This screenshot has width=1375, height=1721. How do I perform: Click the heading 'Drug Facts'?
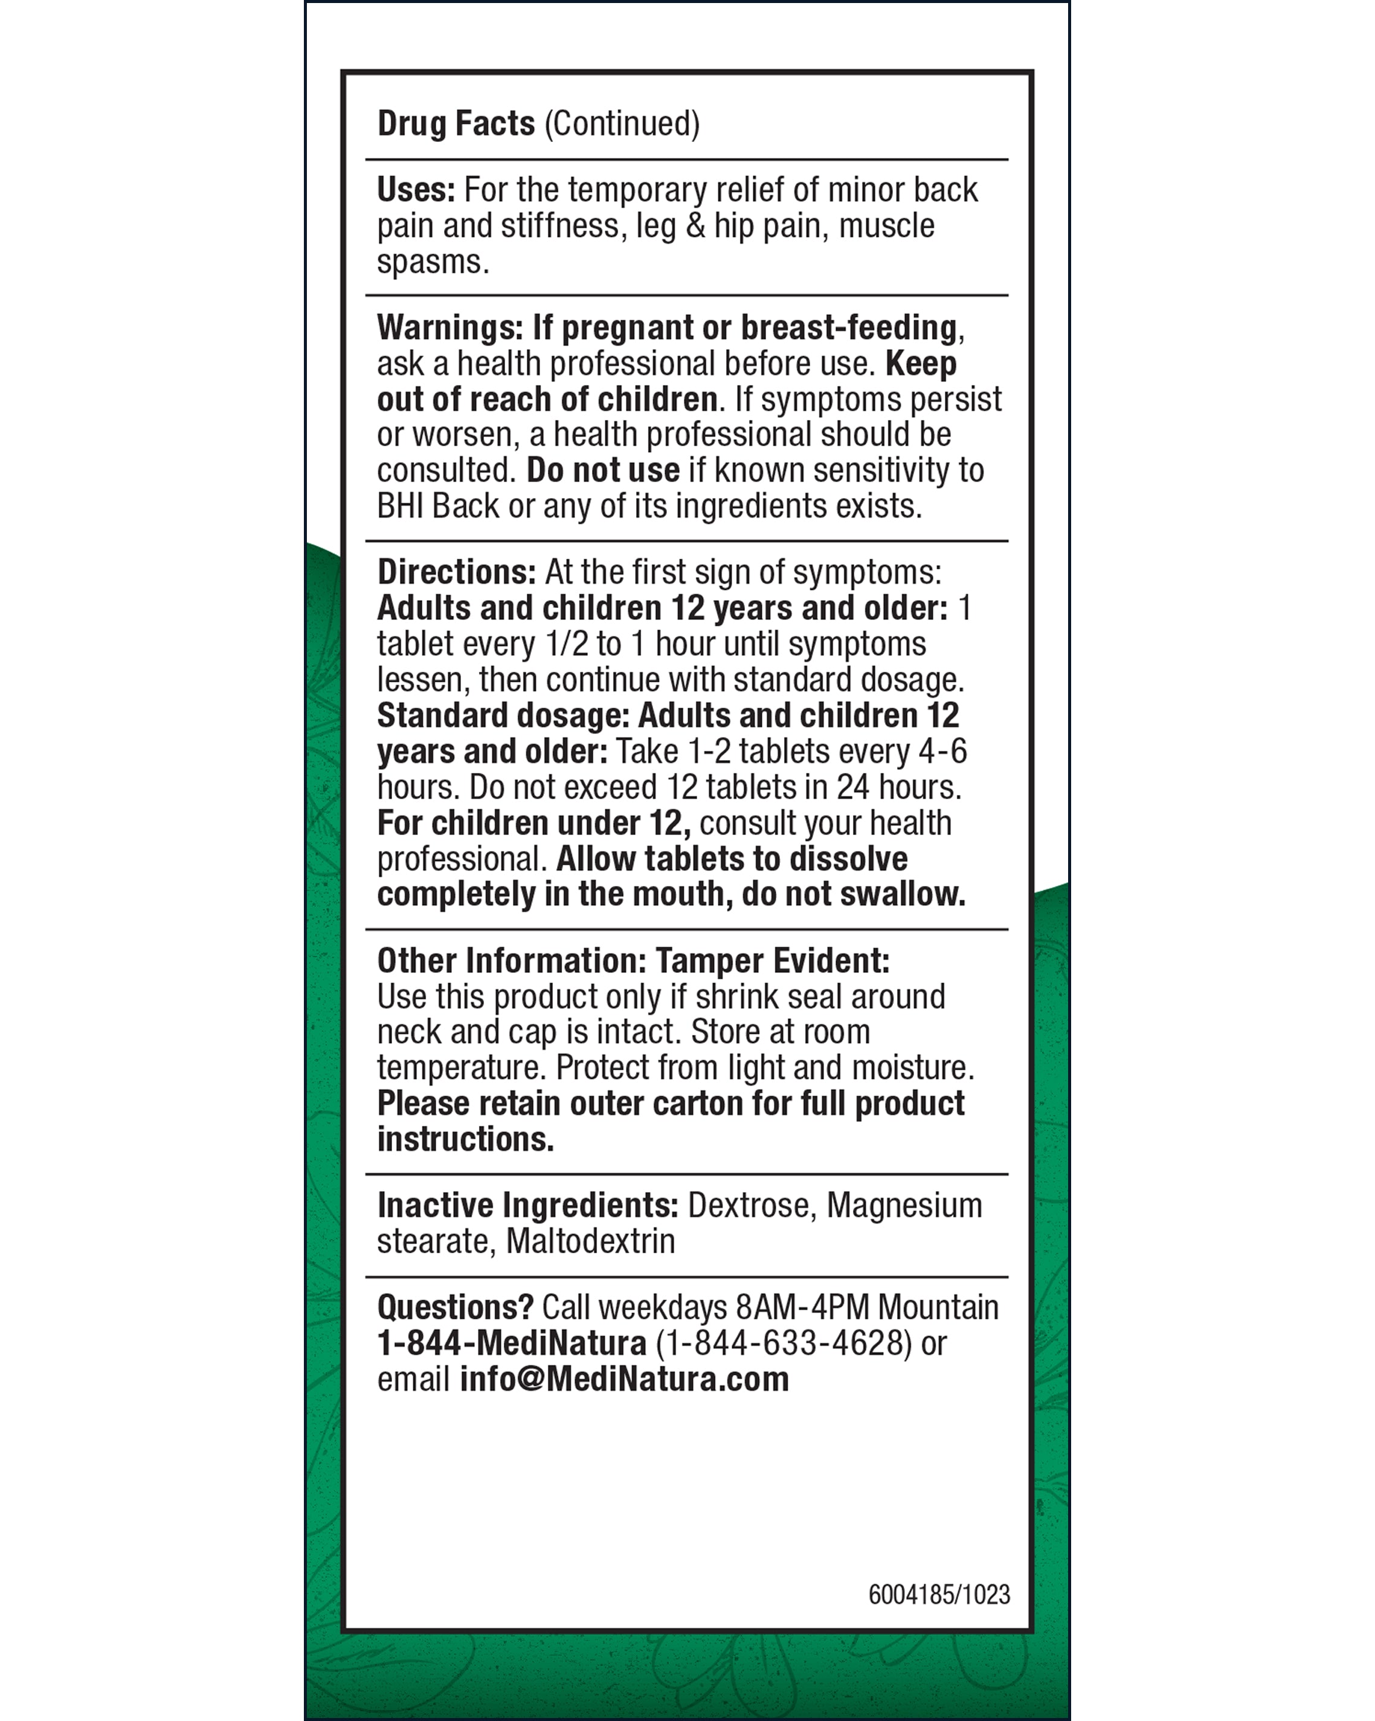point(456,124)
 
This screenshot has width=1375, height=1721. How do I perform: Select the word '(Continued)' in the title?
point(622,124)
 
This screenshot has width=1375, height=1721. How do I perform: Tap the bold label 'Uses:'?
point(416,190)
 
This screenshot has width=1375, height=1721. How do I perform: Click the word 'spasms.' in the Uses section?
point(433,262)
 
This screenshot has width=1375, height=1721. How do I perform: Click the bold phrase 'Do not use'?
point(602,470)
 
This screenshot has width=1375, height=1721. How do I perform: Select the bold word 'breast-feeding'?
point(848,328)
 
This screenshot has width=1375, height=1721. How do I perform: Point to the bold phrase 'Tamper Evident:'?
point(771,961)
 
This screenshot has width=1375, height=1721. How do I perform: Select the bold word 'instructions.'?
point(465,1139)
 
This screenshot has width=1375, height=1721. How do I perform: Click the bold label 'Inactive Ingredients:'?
point(527,1206)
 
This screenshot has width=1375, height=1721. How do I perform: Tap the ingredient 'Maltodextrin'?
point(591,1241)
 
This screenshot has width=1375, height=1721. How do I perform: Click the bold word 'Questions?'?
point(455,1308)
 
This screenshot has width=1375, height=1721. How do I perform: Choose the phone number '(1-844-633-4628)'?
point(783,1343)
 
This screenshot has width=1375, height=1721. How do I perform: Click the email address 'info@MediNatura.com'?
point(624,1380)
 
